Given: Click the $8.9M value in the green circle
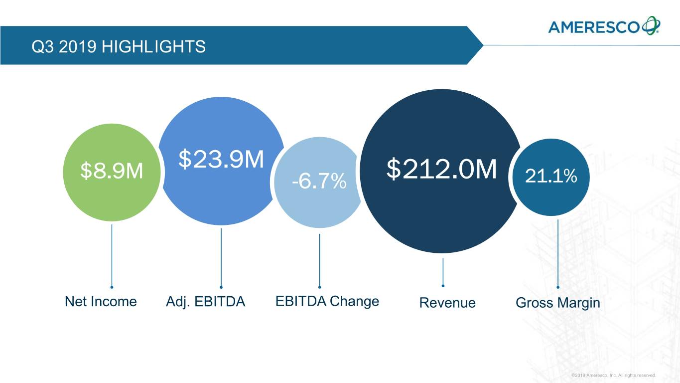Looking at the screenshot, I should pos(112,172).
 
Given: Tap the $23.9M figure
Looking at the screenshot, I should pos(221,159).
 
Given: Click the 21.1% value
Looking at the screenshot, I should pos(551,176).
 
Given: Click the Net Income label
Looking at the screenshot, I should pos(101,301).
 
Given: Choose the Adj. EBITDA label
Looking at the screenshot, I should pos(205,302).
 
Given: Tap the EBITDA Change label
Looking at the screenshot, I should pos(327,301).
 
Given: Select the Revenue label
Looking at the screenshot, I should pos(447,303).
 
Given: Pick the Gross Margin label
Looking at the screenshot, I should pos(558,303).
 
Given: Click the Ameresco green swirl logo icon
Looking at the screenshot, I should pos(651,25).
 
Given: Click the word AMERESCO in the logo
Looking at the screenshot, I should pos(594,26).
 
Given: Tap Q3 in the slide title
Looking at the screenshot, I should pos(40,47).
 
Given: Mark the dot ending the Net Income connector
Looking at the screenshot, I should pos(112,287).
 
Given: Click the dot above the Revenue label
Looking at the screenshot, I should pos(443,286).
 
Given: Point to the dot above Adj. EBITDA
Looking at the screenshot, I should pos(221,287).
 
